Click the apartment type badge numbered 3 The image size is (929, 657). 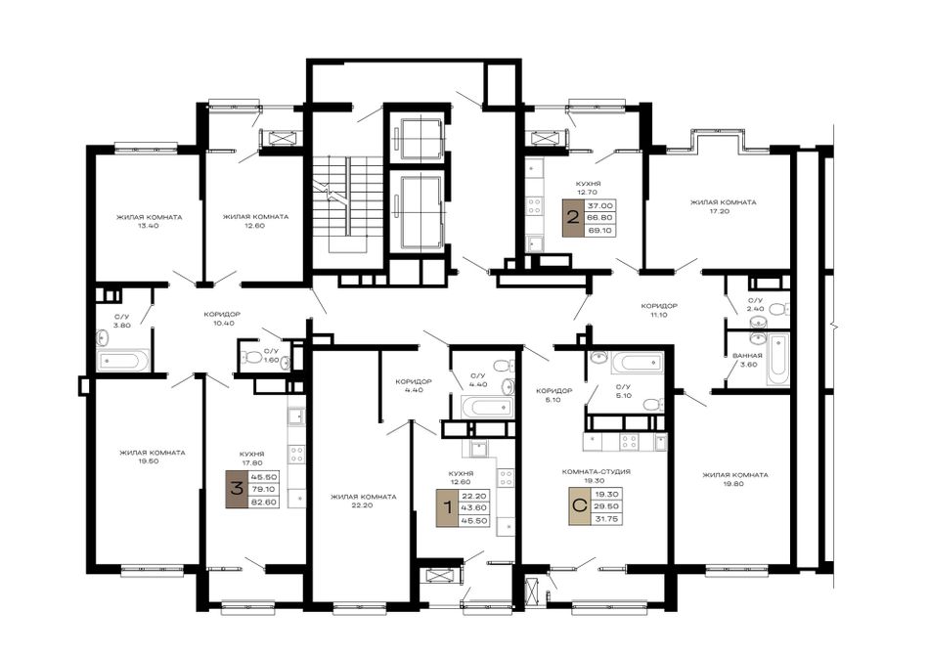(237, 490)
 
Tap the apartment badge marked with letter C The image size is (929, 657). (580, 506)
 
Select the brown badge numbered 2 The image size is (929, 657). (572, 217)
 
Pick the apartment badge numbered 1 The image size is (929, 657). (447, 507)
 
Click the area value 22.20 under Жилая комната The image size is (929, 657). (363, 505)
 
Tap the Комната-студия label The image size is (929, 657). (597, 472)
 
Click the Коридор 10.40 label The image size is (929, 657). (222, 318)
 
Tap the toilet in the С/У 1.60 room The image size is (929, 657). (253, 357)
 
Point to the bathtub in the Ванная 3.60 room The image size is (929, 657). (777, 359)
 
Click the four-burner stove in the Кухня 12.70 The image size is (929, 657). (534, 206)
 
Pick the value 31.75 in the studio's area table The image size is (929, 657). (607, 519)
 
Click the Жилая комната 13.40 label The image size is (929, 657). (150, 222)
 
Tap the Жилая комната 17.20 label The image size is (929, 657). (723, 206)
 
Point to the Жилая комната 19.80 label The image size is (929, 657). (734, 479)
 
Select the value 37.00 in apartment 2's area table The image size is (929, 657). (600, 205)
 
